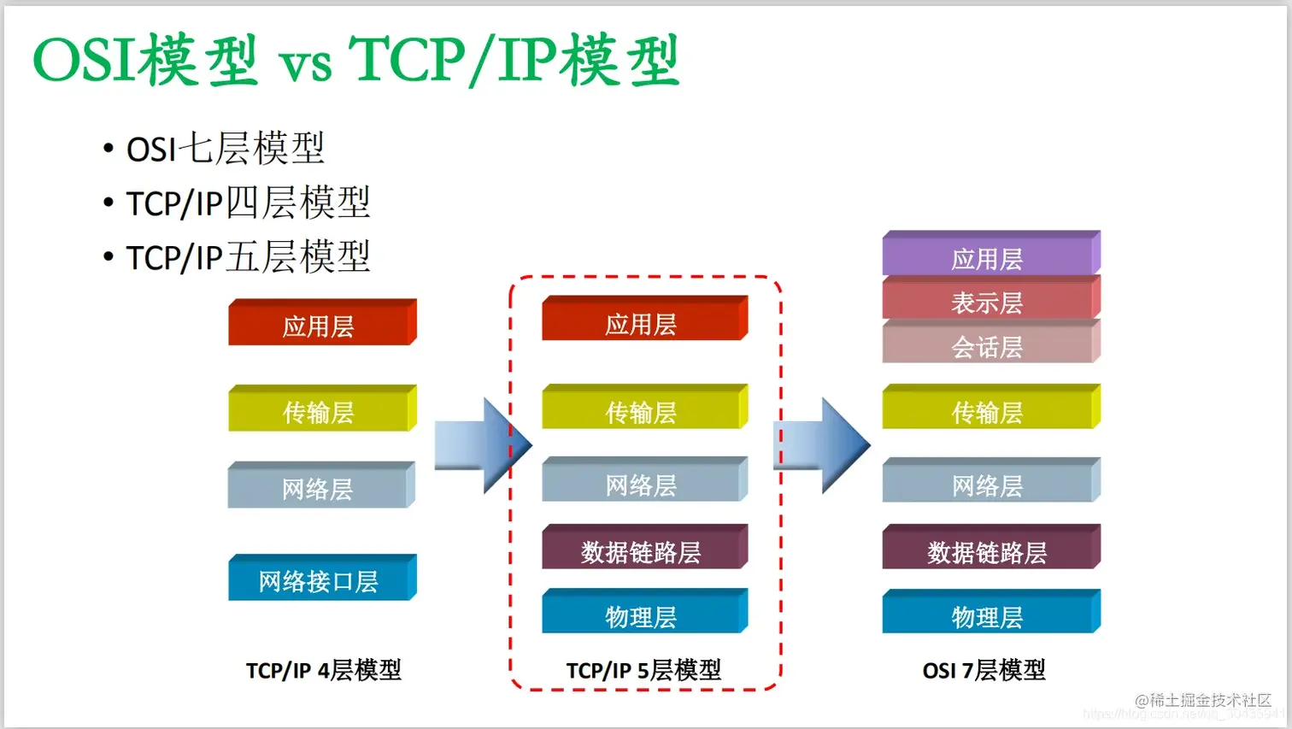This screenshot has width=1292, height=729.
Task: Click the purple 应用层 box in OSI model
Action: [x=990, y=256]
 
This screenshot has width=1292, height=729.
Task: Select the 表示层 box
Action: [x=990, y=301]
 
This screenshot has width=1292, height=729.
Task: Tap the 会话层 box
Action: [x=990, y=345]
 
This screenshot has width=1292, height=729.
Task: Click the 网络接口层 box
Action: [x=320, y=580]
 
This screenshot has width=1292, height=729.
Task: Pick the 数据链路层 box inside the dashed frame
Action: [x=643, y=550]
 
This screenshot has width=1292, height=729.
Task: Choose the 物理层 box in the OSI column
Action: [x=990, y=615]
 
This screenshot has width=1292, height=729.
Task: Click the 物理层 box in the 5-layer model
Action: [x=643, y=615]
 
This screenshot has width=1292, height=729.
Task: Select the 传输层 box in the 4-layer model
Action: [x=320, y=411]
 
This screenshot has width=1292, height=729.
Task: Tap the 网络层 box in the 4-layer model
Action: [x=320, y=488]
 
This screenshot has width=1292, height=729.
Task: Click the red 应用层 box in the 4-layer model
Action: [x=320, y=325]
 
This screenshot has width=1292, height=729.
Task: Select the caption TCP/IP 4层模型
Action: [x=323, y=670]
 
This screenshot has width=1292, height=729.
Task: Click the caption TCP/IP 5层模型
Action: [x=643, y=670]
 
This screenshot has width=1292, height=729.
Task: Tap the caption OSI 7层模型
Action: [x=984, y=670]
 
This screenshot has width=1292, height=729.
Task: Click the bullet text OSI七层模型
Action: [x=225, y=149]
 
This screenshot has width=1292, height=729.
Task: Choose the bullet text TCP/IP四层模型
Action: [x=248, y=203]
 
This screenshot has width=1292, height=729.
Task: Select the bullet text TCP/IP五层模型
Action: [x=248, y=257]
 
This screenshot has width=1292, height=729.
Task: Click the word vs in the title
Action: [x=305, y=64]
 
